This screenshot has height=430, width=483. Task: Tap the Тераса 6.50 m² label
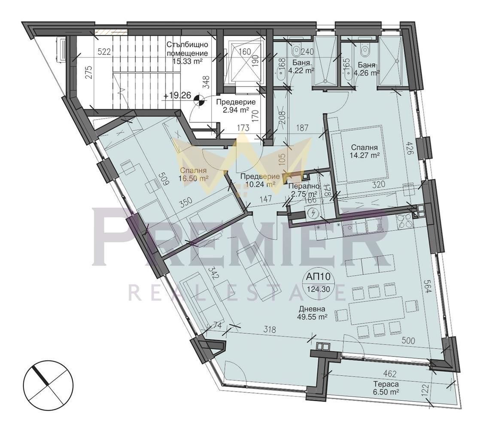coord(386,388)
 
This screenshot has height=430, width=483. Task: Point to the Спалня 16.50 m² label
coord(194,174)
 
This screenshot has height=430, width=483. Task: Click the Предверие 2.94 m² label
coord(236,106)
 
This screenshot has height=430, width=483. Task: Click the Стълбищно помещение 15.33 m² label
coord(187,53)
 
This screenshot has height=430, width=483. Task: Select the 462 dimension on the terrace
coord(389,374)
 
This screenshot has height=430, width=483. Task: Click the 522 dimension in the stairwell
coord(104,52)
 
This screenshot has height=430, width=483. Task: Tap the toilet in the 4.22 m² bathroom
coord(296,49)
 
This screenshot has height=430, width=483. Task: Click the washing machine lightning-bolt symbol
coord(313,213)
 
